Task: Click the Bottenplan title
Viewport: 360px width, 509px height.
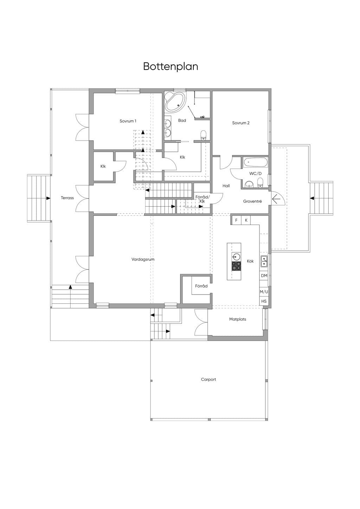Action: (x=171, y=66)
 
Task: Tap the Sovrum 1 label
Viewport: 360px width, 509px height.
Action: (x=128, y=121)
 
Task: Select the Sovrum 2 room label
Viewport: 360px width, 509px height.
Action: (x=241, y=123)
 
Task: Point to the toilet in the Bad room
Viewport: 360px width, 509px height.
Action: (x=203, y=135)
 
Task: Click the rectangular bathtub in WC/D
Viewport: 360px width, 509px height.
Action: (x=256, y=162)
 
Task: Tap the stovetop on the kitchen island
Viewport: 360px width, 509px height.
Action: (x=236, y=266)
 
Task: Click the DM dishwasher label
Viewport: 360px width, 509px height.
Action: (x=264, y=276)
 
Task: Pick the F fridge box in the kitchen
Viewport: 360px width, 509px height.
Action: (x=236, y=220)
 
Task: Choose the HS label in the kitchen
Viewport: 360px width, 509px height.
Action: (x=264, y=301)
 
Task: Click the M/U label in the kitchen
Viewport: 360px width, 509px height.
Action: (x=264, y=291)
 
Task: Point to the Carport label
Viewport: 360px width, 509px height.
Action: (x=208, y=380)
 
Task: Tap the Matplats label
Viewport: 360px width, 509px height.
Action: (x=238, y=319)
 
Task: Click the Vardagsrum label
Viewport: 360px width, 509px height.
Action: (x=143, y=259)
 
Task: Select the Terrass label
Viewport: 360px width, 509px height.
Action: (x=67, y=198)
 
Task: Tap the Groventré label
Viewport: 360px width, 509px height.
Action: (x=252, y=201)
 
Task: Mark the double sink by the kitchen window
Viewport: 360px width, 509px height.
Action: (x=264, y=262)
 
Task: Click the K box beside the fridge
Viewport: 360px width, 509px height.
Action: (x=246, y=220)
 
